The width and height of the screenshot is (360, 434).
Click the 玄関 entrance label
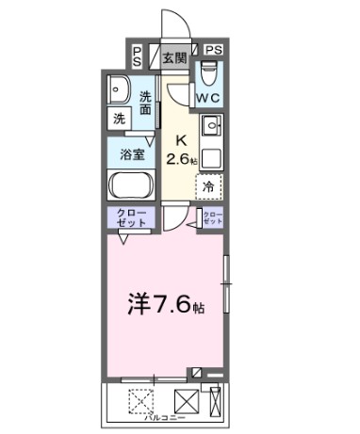coord(174,56)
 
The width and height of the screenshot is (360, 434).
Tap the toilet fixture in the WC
coord(210,71)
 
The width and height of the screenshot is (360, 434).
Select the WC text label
coord(208,97)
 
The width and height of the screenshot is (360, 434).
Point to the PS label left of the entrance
coord(138,56)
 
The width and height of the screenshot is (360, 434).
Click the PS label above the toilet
coord(214,49)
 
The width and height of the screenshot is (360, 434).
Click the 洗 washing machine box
coord(119,119)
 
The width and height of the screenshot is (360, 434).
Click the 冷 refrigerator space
coord(209,187)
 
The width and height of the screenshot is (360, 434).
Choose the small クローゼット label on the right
coord(211,218)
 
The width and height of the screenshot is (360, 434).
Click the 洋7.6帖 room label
coord(166,305)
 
